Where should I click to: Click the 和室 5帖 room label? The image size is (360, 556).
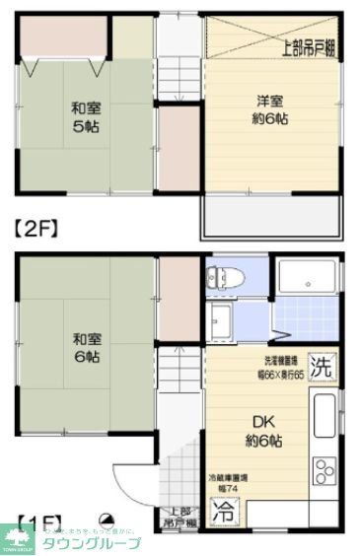tap(85, 117)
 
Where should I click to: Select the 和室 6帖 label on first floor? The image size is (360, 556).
tap(85, 348)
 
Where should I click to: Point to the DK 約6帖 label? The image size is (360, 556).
tap(261, 430)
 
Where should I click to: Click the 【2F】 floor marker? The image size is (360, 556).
tap(36, 227)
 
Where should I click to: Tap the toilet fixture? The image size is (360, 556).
tap(223, 278)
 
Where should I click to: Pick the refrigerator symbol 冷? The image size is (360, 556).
tap(226, 513)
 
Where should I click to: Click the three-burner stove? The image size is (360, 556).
tap(324, 480)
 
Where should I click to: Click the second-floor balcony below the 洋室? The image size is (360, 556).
tap(271, 216)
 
